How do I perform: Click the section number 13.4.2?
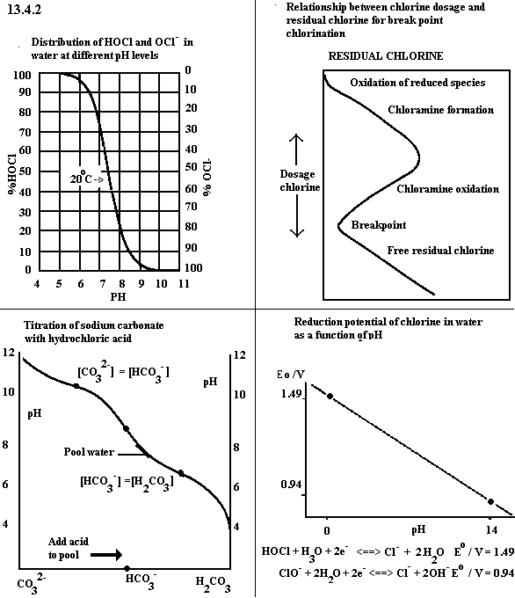[x=24, y=10]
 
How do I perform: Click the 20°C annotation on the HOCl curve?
[x=87, y=178]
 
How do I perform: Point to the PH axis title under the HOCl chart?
[x=118, y=296]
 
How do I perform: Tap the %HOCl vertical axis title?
[x=12, y=173]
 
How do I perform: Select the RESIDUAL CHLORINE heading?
[x=386, y=56]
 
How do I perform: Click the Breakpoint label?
[x=379, y=225]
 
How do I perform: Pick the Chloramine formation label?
[x=440, y=110]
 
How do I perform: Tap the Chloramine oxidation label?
[x=448, y=189]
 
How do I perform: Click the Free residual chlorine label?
[x=440, y=250]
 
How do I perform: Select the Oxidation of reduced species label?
[x=417, y=83]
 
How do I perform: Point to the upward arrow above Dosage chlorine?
[x=296, y=149]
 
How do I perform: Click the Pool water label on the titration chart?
[x=89, y=452]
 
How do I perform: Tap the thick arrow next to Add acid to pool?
[x=106, y=555]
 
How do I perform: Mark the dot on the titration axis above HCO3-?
[x=127, y=569]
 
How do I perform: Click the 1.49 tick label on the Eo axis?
[x=291, y=394]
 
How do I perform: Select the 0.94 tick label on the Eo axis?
[x=291, y=485]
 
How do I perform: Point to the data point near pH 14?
[x=491, y=501]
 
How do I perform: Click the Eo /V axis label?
[x=291, y=375]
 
